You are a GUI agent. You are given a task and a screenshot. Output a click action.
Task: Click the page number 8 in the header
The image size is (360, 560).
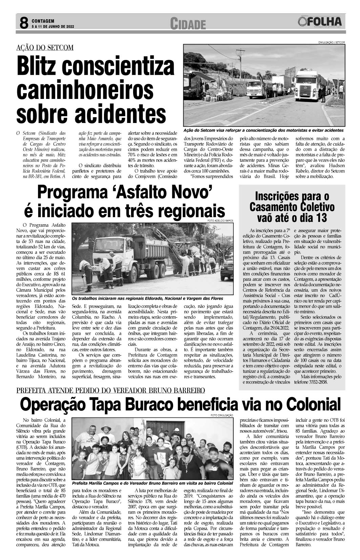click(23, 23)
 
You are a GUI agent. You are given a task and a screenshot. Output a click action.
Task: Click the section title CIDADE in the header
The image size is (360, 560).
click(188, 24)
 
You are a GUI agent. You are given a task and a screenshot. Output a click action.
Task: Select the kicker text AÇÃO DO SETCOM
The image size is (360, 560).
click(45, 47)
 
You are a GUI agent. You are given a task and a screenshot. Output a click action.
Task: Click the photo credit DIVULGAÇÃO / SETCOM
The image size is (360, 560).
click(331, 42)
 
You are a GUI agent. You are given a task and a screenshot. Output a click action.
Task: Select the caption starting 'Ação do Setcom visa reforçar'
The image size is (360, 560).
click(263, 130)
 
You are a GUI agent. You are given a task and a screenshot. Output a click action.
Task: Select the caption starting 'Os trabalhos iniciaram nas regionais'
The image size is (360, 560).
click(147, 298)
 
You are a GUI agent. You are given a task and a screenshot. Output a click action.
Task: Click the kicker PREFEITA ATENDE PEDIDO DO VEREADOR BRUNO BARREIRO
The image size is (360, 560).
click(110, 390)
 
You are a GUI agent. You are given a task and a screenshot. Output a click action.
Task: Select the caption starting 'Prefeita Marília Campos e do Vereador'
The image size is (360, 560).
click(152, 483)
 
